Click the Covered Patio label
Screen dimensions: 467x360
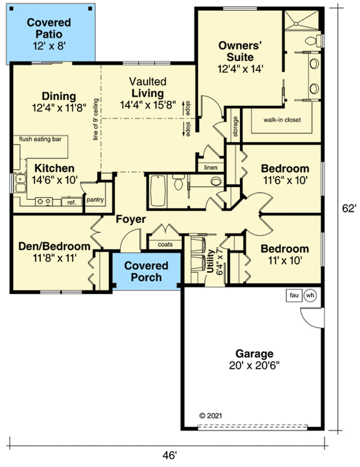point(50,28)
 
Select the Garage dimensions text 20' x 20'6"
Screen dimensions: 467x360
point(254,365)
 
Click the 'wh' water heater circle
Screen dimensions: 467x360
point(310,295)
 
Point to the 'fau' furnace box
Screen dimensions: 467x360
point(294,295)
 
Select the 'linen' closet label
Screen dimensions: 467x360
point(210,167)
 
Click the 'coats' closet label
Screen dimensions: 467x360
point(166,243)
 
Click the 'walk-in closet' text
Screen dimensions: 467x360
point(282,120)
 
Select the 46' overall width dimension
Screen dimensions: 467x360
point(169,455)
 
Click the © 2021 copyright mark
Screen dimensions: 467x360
point(212,415)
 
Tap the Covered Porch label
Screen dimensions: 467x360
point(143,271)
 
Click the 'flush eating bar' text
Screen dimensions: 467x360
point(40,139)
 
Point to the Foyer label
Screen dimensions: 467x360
point(131,220)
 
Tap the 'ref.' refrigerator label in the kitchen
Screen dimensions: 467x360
point(71,203)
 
